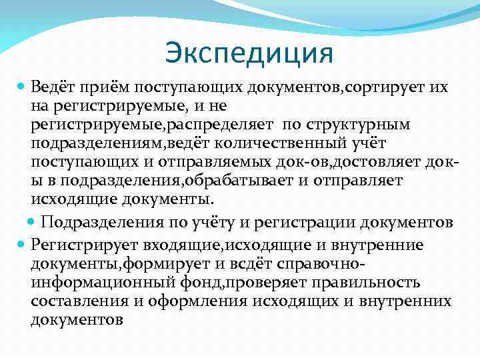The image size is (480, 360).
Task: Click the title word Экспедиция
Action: pos(248,53)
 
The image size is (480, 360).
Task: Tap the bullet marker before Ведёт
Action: pos(21,87)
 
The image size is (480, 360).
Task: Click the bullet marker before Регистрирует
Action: pos(21,244)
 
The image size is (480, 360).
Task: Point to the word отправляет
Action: pos(363,181)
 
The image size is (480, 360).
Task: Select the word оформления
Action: pos(200,301)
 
